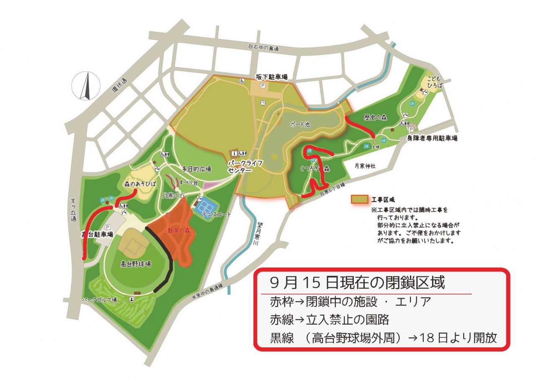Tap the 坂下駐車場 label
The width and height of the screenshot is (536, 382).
click(x=272, y=77)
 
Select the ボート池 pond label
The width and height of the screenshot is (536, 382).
click(x=300, y=125)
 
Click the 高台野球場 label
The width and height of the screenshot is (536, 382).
click(x=136, y=264)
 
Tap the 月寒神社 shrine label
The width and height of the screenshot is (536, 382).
click(x=365, y=166)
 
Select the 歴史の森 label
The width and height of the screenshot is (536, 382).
click(x=375, y=118)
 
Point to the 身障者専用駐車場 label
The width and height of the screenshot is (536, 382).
click(x=432, y=138)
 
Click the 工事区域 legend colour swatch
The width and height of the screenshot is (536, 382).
click(x=359, y=200)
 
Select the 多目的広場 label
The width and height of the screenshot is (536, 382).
click(x=196, y=170)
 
